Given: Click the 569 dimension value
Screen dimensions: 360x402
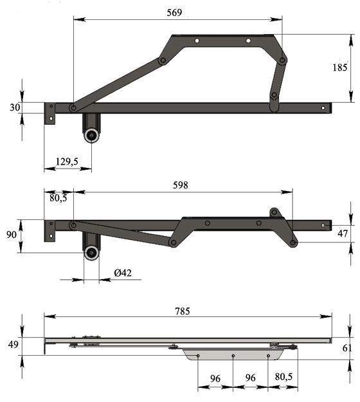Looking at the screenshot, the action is pos(174,13).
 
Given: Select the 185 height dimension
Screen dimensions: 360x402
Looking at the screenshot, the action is pos(340,68).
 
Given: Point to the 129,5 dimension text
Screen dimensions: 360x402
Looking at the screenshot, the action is pos(67,161).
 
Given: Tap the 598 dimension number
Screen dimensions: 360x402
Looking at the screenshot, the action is pos(181,185).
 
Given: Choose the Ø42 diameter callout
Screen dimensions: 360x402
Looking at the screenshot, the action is pos(123,273).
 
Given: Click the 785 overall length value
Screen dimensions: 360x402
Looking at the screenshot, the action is pos(183,311).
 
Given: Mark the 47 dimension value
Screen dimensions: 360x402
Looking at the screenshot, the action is pos(343,233).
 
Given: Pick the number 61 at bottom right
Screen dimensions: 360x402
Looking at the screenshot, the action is pos(347,348).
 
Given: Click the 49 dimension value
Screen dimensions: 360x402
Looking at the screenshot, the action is pos(13,345).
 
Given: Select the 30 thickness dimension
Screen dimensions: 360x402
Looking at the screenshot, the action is pos(15,107).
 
